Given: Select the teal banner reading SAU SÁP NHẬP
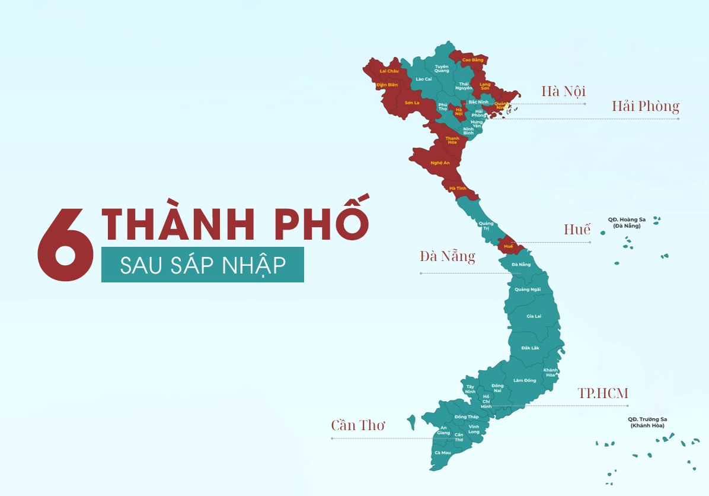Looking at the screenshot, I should pos(202,265).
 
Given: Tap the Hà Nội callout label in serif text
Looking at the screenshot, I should pos(563,91).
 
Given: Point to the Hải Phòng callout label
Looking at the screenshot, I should pos(646,107).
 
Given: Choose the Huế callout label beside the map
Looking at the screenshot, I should pos(577,230).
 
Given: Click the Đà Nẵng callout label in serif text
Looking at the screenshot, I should pos(448,256).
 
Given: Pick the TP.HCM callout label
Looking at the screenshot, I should pos(603,393).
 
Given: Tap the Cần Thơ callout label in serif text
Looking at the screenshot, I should pos(358,425).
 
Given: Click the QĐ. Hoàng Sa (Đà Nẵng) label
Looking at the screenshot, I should pos(627,222).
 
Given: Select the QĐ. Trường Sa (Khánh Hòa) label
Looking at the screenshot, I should pos(647,422).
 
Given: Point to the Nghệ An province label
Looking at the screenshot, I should pos(440,163).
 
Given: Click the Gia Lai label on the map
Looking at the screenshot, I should pos(534,316).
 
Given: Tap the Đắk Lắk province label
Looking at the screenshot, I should pos(530,348).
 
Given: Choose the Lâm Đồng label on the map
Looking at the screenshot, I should pos(525,380).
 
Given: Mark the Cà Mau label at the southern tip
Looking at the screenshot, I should pos(442,453).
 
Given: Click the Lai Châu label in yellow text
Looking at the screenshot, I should pos(389,71).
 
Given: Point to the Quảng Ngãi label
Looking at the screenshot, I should pos(527,290).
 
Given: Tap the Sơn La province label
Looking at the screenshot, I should pos(412,103).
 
